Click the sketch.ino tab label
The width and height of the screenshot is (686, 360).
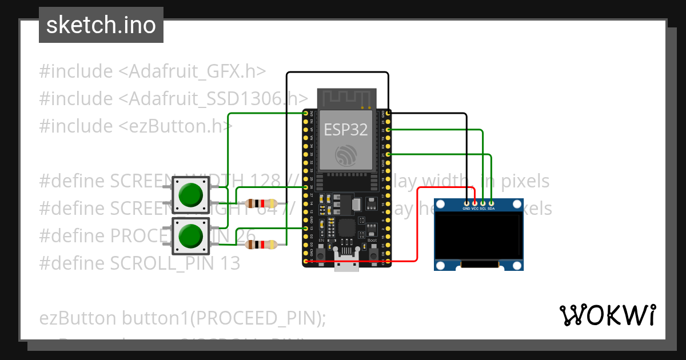[x=101, y=25]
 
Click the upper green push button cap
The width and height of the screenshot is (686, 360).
[x=191, y=195]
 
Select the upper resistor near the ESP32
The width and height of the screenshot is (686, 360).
[x=261, y=203]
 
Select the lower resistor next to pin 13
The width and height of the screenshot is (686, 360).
[x=261, y=245]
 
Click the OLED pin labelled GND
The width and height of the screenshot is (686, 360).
[x=466, y=203]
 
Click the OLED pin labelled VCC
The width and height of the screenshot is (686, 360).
[x=474, y=203]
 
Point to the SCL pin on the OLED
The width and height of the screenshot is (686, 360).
[x=483, y=203]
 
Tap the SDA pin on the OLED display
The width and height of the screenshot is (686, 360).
[x=491, y=203]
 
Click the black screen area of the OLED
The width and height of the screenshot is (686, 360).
[x=478, y=235]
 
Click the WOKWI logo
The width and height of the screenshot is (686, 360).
[x=607, y=315]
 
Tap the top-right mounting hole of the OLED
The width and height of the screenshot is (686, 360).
[x=517, y=205]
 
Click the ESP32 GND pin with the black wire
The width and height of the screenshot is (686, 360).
[x=388, y=114]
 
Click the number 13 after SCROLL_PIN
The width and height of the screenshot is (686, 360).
[x=229, y=263]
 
